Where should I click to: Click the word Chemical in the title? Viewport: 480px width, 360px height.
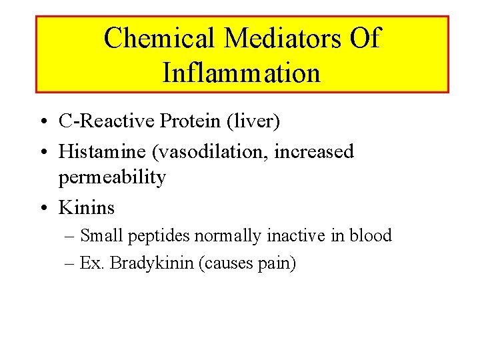tap(159, 39)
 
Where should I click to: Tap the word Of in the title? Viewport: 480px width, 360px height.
tap(365, 39)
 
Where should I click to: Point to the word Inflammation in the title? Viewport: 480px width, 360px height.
tap(241, 73)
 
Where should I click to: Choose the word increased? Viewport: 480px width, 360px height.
tap(314, 151)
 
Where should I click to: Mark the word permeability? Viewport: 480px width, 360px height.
tap(112, 179)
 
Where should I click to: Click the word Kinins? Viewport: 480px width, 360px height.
tap(87, 208)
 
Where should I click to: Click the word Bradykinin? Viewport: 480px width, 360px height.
tap(152, 263)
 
